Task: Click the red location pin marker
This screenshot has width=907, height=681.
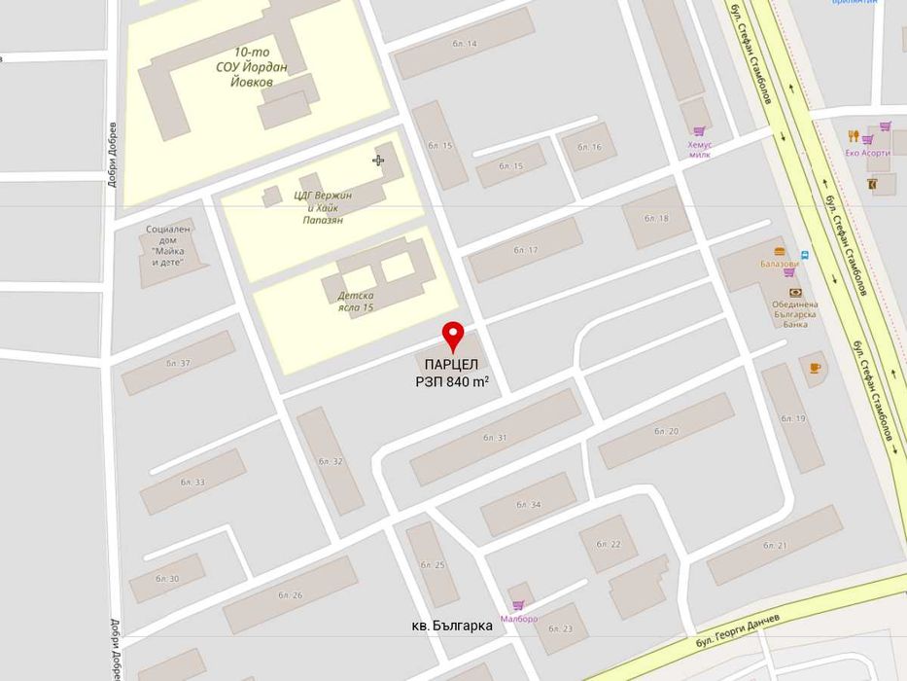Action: [453, 336]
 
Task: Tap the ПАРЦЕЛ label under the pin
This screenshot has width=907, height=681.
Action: [451, 365]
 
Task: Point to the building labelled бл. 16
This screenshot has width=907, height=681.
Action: [589, 147]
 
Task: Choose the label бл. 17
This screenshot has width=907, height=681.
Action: [525, 250]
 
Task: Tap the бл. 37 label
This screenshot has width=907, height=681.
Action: [178, 363]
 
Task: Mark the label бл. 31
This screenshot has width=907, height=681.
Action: [495, 438]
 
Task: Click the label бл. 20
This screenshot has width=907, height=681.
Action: [666, 431]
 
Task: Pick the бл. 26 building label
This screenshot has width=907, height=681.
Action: [290, 594]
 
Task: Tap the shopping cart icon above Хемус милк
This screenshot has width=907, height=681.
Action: [699, 131]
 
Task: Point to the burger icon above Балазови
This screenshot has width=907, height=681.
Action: [780, 251]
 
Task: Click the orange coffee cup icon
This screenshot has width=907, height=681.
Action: [815, 368]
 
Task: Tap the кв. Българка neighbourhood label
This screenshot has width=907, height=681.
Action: [451, 626]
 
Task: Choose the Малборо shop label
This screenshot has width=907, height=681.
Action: [518, 619]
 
